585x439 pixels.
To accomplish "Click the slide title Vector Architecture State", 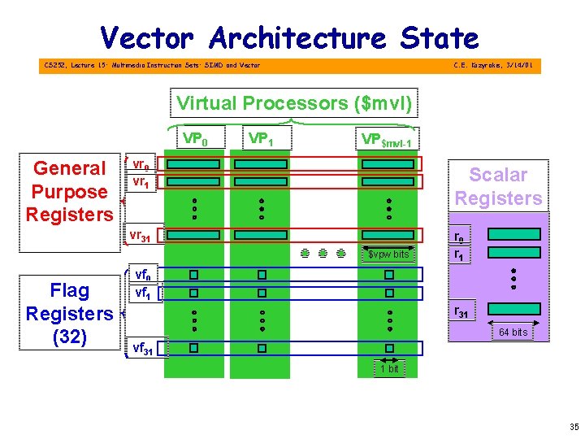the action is click(289, 37).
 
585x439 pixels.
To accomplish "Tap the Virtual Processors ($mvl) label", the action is click(294, 103).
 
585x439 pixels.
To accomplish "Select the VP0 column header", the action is click(195, 138).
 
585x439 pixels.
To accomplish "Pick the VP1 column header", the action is click(260, 138).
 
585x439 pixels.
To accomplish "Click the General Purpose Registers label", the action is click(70, 191).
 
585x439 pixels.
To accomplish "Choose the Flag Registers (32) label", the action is click(69, 313).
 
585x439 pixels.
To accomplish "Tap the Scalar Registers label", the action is click(498, 186).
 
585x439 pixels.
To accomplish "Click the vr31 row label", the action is click(140, 237).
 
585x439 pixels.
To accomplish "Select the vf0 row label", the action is click(141, 274).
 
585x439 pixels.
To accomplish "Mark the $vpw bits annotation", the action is click(388, 255).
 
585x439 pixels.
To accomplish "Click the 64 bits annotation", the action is click(513, 332).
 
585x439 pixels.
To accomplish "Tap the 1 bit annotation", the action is click(389, 369).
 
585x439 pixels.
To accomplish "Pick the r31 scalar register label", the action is click(460, 311).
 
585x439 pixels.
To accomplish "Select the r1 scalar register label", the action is click(459, 254).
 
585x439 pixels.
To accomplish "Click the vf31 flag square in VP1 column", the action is click(262, 349).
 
